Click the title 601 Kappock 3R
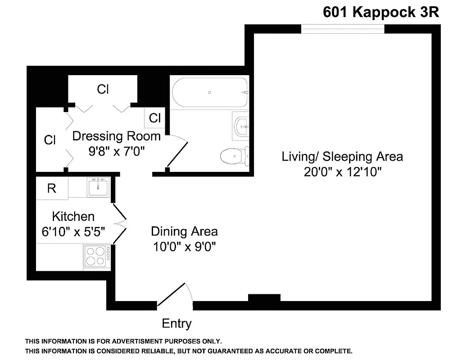coord(380,12)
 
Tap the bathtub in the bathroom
coord(210,92)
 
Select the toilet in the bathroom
coord(234,156)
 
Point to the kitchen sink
coord(98,186)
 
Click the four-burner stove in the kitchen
coord(97,257)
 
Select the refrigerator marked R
coord(52,188)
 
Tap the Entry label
coord(176,323)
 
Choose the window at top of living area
coord(343,28)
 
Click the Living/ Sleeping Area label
coord(342,157)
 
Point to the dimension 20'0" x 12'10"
coord(343,172)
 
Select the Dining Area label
coord(184,231)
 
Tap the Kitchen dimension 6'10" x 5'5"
coord(73,232)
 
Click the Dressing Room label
coord(116,135)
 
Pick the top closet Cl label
coord(103,89)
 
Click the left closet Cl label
coord(50,140)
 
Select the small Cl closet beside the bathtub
coord(154,118)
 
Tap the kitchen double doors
coord(119,223)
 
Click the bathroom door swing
coord(178,151)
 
